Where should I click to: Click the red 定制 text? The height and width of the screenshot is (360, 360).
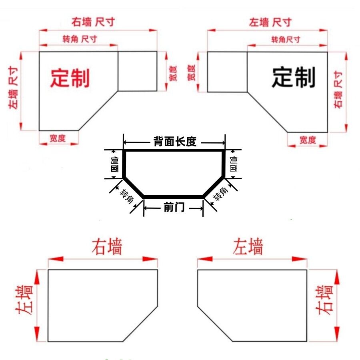[x=70, y=78]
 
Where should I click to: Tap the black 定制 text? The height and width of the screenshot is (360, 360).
[x=294, y=77]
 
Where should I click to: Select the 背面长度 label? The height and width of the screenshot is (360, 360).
[x=175, y=142]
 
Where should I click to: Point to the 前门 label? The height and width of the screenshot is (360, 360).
[x=174, y=207]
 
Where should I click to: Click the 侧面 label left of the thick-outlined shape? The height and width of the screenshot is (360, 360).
[x=114, y=165]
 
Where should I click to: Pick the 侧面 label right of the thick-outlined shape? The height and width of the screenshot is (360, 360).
[x=234, y=164]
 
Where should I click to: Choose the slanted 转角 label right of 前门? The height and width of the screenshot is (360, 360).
[x=220, y=194]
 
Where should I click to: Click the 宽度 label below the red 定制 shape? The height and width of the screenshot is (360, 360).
[x=58, y=138]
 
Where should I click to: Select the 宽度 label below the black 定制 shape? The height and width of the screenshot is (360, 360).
[x=308, y=140]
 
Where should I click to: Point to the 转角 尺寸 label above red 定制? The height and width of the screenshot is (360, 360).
[x=80, y=39]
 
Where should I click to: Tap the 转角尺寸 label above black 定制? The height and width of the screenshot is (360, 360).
[x=286, y=40]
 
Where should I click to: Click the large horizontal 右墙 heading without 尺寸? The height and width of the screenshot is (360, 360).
[x=107, y=247]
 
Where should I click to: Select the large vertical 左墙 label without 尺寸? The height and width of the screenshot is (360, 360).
[x=24, y=300]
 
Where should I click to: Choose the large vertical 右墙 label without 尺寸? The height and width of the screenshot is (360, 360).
[x=324, y=300]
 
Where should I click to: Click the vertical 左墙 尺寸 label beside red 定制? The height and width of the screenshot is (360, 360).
[x=13, y=88]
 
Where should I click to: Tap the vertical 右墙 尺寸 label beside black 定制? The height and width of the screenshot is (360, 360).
[x=338, y=90]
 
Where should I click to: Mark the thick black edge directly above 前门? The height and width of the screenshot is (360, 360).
[x=174, y=197]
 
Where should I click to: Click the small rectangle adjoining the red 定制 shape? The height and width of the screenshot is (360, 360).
[x=138, y=71]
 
